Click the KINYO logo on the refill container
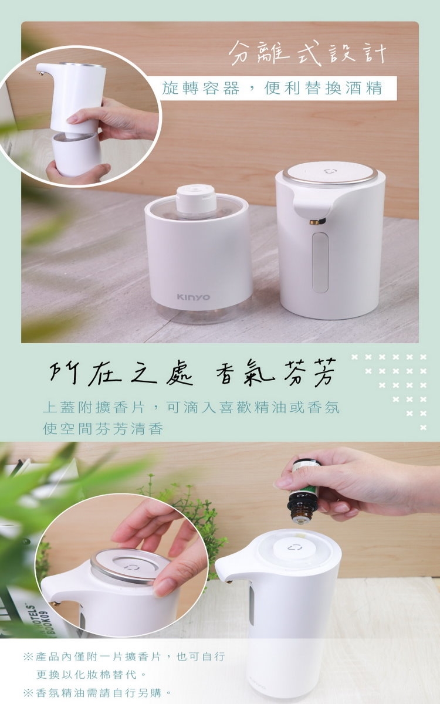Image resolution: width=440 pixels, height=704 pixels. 193,297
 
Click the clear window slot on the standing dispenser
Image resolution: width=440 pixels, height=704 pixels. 320,263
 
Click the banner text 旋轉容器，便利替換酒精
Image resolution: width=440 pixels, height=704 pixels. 272,88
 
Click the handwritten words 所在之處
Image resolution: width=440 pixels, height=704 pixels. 121,374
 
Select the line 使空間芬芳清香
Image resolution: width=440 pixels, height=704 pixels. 103,429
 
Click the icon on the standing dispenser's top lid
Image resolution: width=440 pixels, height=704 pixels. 329,171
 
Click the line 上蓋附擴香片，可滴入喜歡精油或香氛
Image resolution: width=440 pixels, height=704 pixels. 191,408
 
